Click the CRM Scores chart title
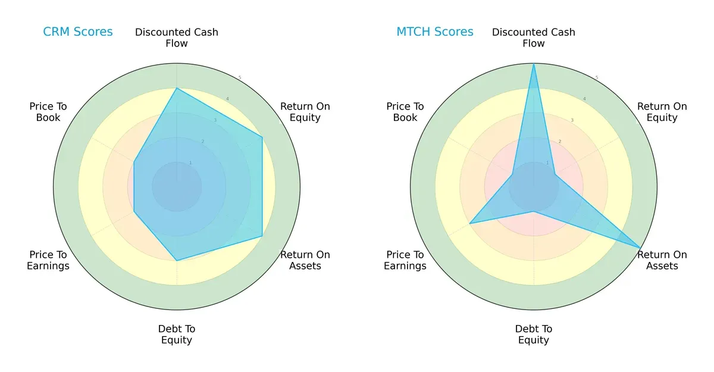(x=77, y=32)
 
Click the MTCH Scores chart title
(x=435, y=32)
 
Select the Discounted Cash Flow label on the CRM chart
(x=177, y=37)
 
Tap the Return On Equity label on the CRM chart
(x=305, y=112)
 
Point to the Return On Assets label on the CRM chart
(x=305, y=260)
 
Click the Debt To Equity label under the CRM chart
(x=177, y=335)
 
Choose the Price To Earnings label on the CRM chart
(x=48, y=260)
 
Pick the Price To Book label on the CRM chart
(x=48, y=112)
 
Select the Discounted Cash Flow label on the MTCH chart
(x=534, y=37)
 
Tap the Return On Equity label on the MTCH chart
(x=662, y=112)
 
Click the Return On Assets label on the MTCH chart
(x=662, y=260)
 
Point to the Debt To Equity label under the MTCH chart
(x=534, y=335)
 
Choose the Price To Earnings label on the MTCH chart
(x=405, y=260)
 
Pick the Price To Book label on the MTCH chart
(x=405, y=112)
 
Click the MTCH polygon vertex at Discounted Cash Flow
(x=534, y=64)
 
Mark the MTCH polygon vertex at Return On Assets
(x=640, y=248)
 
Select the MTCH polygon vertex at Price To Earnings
(x=470, y=223)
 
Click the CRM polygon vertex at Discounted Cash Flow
(x=177, y=89)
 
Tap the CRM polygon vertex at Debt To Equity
(x=177, y=260)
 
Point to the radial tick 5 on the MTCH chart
(x=597, y=77)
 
